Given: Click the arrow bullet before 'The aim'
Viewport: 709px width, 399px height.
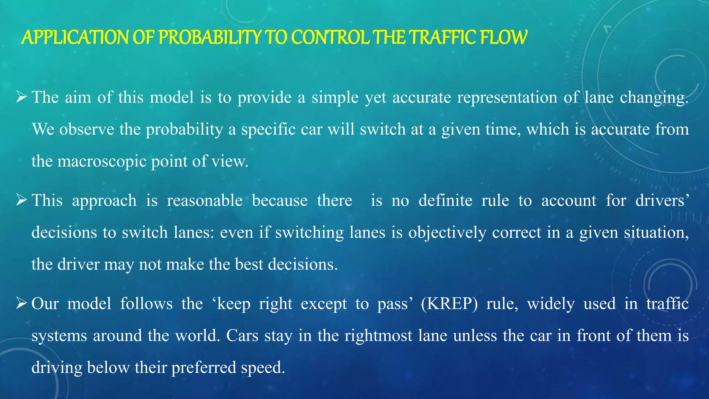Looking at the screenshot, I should click(x=21, y=97).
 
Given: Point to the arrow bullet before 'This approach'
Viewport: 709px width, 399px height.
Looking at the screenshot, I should click(x=21, y=200).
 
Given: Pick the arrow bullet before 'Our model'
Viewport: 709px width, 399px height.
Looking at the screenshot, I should click(x=21, y=303).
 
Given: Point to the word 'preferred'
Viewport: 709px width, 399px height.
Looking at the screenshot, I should click(x=204, y=367).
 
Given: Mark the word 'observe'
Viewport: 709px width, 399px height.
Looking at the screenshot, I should click(x=87, y=130).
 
